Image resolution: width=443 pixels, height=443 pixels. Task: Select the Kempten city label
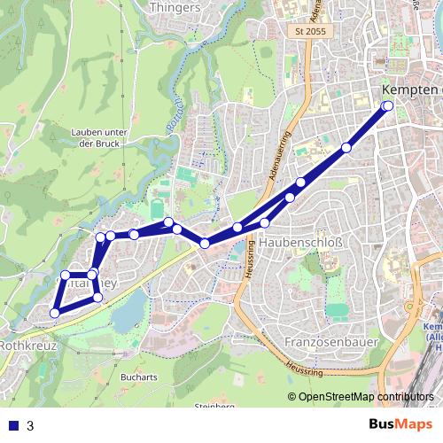[x=409, y=91]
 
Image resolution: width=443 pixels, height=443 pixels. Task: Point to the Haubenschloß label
[x=305, y=243]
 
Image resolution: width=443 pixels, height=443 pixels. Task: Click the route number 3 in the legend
[x=30, y=425]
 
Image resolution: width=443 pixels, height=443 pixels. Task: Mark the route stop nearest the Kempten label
[x=387, y=106]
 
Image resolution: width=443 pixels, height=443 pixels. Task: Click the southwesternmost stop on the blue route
[x=55, y=312]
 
